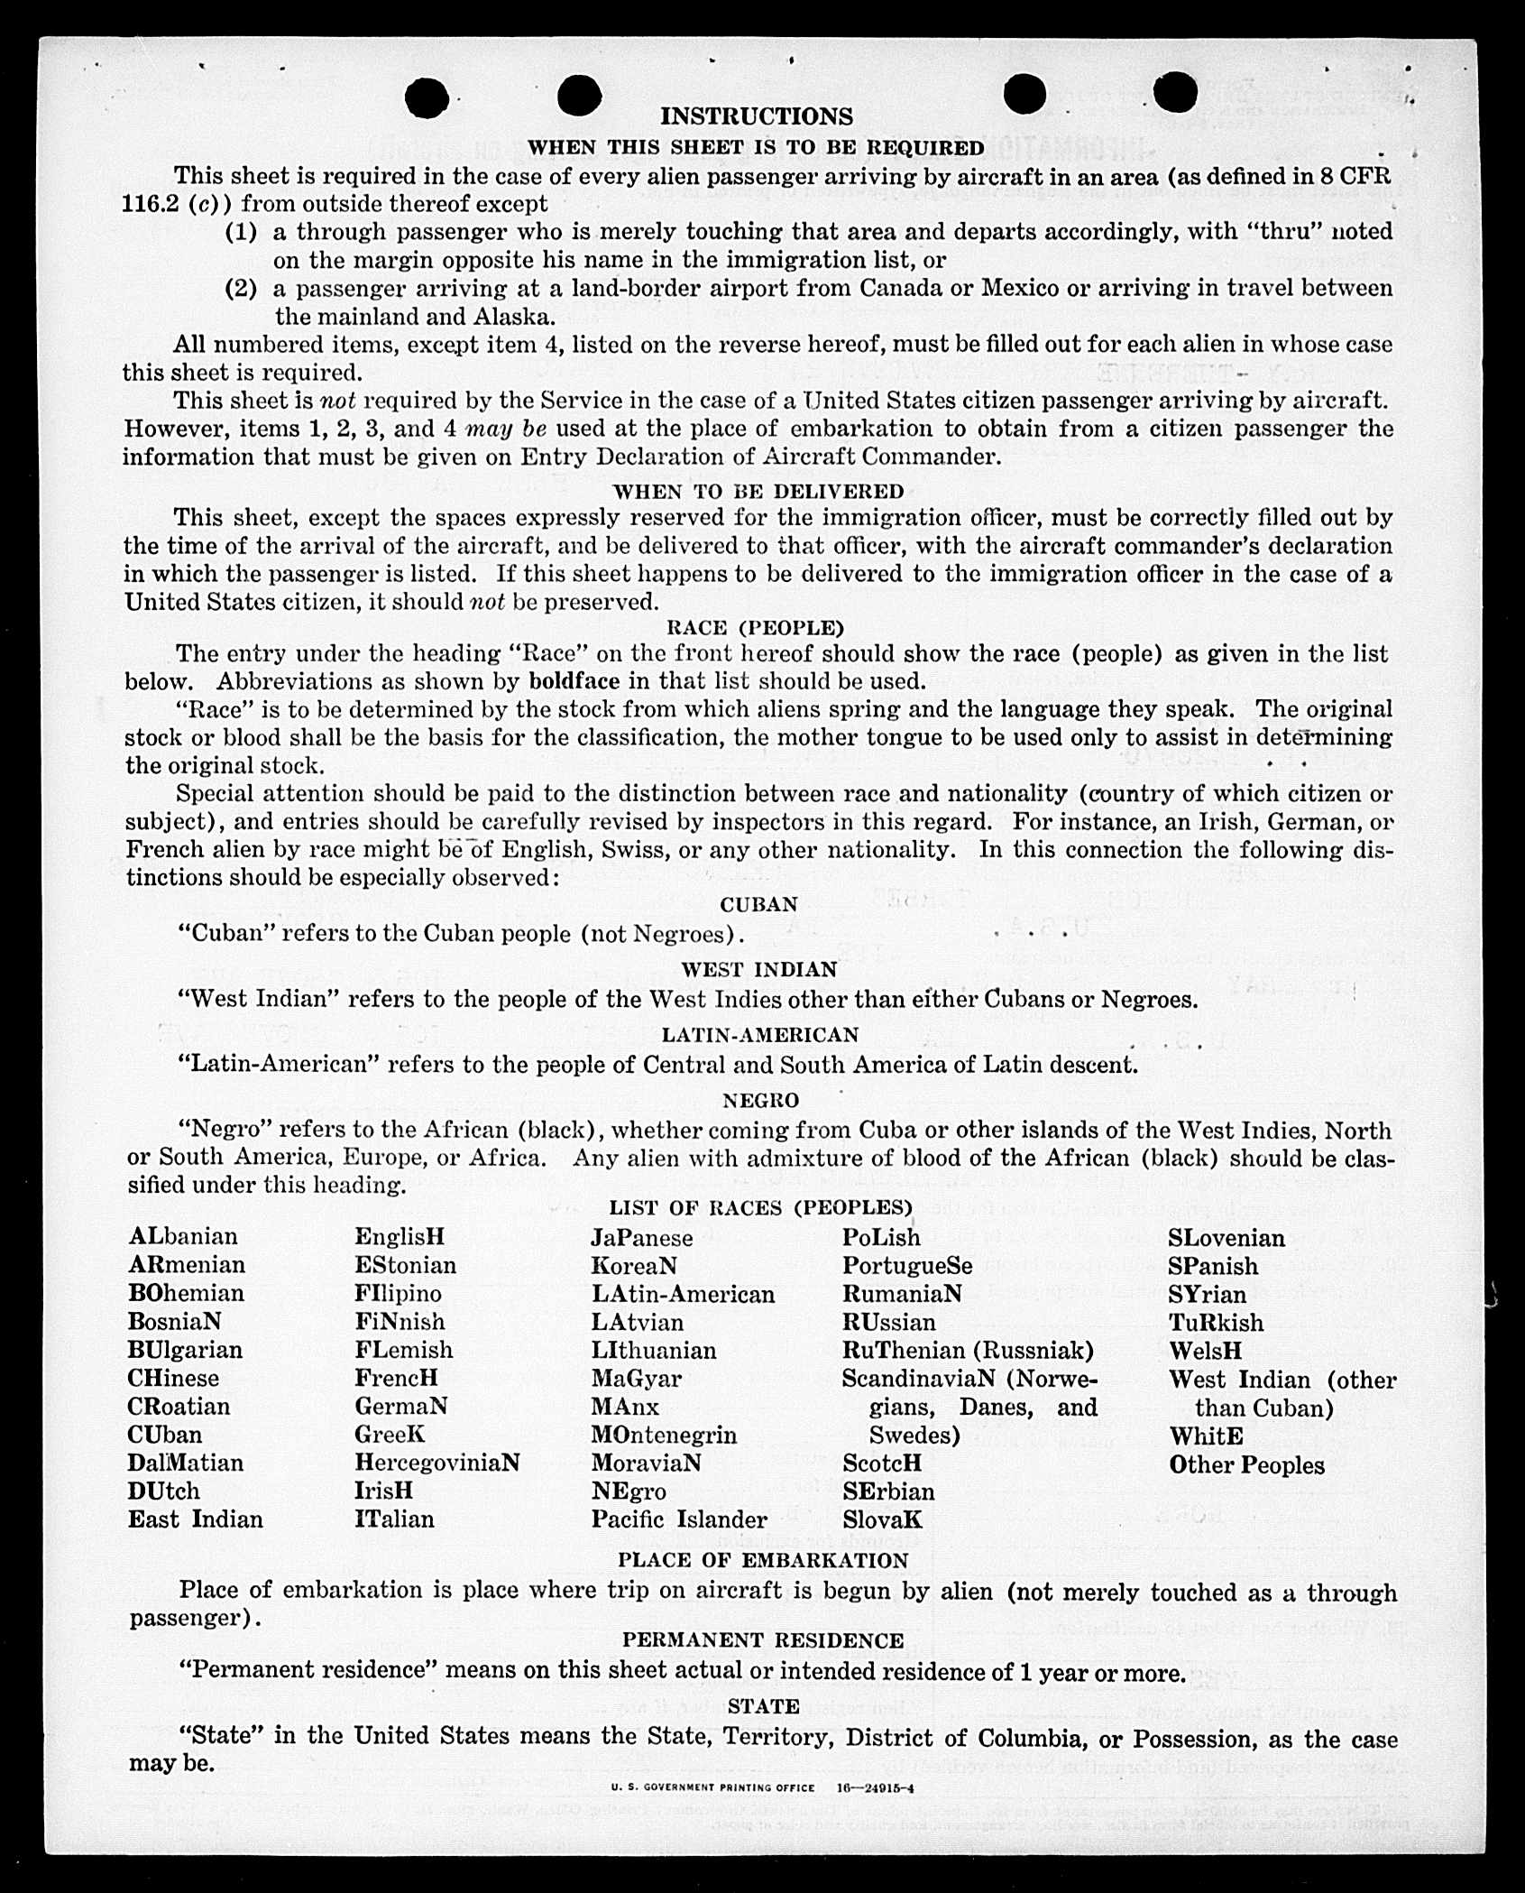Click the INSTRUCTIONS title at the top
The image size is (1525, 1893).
pos(756,116)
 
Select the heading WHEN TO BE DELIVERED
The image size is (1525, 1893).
pos(758,492)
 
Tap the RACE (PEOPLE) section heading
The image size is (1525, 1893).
pos(755,627)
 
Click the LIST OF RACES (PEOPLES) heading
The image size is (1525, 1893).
pos(760,1208)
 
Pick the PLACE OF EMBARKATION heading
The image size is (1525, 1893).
pos(762,1560)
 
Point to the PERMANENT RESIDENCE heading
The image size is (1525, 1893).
pos(762,1640)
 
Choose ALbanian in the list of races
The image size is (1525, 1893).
pos(183,1236)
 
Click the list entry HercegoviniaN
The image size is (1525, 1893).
pos(436,1463)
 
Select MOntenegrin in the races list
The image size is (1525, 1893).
pos(664,1435)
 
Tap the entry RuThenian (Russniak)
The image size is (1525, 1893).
pos(968,1350)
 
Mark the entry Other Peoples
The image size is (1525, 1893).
pos(1246,1465)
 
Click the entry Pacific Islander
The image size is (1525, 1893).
pos(679,1519)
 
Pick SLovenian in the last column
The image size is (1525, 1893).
pos(1226,1238)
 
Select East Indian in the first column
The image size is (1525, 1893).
pos(195,1519)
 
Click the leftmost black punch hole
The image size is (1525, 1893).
pos(427,97)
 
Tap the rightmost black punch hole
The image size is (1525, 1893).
pos(1174,93)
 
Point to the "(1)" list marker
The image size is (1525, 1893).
pos(241,232)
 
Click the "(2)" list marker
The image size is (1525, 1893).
pos(241,289)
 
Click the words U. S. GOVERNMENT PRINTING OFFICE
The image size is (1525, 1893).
pos(712,1787)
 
